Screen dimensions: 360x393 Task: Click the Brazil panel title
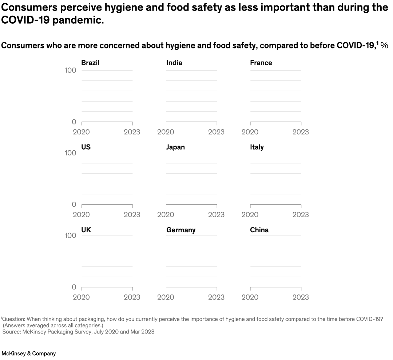(x=90, y=63)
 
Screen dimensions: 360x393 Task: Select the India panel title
(x=174, y=63)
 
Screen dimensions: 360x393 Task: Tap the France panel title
(x=261, y=63)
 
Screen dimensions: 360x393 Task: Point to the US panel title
(x=86, y=147)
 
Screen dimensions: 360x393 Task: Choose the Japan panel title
(x=175, y=147)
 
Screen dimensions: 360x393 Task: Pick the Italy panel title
(x=257, y=147)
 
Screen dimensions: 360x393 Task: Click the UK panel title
(x=86, y=230)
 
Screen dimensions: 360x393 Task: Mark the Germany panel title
(x=181, y=230)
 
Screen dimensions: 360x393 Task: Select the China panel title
(x=259, y=230)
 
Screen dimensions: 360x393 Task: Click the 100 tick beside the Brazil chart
(x=70, y=70)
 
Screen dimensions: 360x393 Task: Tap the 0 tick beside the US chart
(x=74, y=205)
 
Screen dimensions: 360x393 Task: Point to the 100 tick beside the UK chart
(x=70, y=236)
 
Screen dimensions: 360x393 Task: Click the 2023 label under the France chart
(x=301, y=132)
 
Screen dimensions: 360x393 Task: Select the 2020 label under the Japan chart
(x=166, y=214)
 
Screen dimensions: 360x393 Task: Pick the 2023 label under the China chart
(x=301, y=297)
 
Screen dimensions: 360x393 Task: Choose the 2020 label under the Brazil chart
(x=81, y=132)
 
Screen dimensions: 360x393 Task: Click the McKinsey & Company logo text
(x=29, y=353)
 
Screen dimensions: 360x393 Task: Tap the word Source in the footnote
(x=11, y=332)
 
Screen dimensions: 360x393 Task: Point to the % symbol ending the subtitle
(x=384, y=46)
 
